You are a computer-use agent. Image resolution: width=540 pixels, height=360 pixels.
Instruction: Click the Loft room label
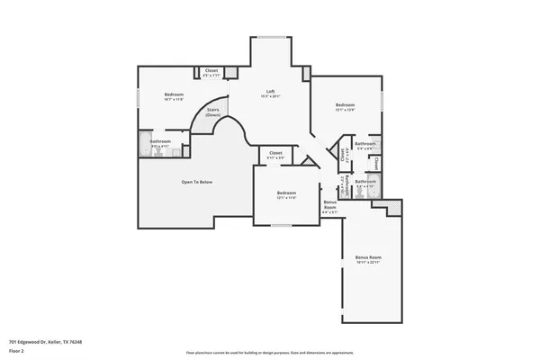click(270, 92)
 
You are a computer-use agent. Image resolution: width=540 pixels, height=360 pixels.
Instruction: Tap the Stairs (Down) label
click(213, 112)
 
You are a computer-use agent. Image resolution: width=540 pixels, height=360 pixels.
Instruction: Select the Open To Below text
click(197, 182)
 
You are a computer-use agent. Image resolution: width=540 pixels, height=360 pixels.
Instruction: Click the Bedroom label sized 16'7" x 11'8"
click(174, 95)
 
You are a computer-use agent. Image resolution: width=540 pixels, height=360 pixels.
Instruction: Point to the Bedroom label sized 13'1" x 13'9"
click(346, 107)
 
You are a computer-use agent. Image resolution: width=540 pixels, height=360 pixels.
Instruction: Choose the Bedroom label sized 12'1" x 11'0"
click(286, 194)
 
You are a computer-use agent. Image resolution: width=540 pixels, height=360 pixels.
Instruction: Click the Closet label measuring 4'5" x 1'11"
click(211, 71)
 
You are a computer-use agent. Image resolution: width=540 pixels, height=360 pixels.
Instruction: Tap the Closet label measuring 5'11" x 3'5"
click(275, 154)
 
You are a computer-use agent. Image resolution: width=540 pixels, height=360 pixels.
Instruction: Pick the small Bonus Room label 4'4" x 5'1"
click(330, 208)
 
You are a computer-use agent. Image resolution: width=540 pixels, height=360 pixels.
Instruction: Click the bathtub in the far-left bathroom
click(147, 143)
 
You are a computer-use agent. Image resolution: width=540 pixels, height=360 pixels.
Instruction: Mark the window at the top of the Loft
click(270, 37)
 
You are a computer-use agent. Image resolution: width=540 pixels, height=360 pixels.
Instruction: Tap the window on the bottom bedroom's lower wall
click(280, 225)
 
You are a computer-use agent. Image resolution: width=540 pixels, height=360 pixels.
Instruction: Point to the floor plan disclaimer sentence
click(270, 351)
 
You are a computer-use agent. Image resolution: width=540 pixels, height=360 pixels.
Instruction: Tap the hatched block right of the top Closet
click(230, 72)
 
